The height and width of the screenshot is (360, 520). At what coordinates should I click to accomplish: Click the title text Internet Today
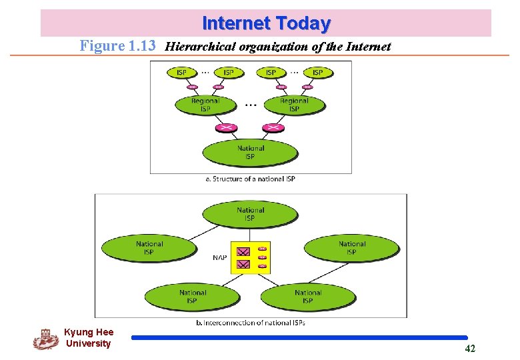pyautogui.click(x=266, y=23)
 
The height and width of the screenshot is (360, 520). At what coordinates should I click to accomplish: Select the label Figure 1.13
pyautogui.click(x=117, y=46)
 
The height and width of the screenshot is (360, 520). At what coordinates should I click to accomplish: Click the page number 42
pyautogui.click(x=470, y=349)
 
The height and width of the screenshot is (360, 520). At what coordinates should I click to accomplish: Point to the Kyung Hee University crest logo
pyautogui.click(x=45, y=339)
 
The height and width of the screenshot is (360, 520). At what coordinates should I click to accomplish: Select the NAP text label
pyautogui.click(x=219, y=258)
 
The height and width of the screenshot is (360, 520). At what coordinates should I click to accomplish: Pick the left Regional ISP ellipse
pyautogui.click(x=205, y=105)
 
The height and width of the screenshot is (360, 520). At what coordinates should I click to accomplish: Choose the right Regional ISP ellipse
pyautogui.click(x=294, y=105)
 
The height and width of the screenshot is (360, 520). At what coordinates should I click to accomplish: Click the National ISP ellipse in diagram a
pyautogui.click(x=250, y=153)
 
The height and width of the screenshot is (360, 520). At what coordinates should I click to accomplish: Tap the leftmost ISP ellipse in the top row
pyautogui.click(x=181, y=72)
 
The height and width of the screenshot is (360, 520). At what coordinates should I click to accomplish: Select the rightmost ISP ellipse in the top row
pyautogui.click(x=317, y=72)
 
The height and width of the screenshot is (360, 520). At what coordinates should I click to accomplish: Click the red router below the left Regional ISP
pyautogui.click(x=227, y=127)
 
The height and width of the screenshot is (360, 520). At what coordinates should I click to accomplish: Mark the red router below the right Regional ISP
pyautogui.click(x=273, y=127)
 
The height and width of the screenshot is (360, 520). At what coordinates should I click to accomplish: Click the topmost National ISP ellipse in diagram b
pyautogui.click(x=250, y=214)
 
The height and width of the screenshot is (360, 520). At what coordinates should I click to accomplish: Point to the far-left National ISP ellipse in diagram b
pyautogui.click(x=149, y=248)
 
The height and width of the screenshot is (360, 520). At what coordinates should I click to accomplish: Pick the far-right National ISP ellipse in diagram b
pyautogui.click(x=351, y=248)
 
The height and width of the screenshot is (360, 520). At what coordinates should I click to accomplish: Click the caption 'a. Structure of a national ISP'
pyautogui.click(x=250, y=179)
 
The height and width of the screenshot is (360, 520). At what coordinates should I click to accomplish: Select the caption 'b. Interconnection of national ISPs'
pyautogui.click(x=250, y=323)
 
